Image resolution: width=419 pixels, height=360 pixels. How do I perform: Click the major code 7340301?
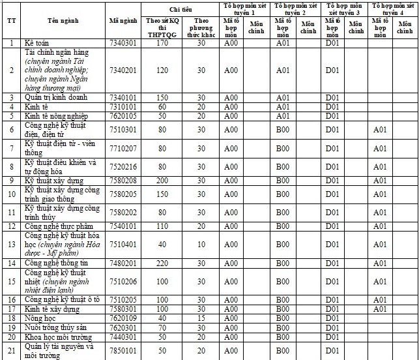click(x=123, y=44)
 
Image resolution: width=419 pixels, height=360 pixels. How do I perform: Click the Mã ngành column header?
click(x=123, y=21)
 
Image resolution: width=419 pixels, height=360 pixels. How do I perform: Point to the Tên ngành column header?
click(x=63, y=21)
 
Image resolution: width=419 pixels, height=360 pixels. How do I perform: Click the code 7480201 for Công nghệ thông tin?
click(x=123, y=263)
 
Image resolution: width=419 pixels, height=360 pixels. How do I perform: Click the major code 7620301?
click(x=123, y=327)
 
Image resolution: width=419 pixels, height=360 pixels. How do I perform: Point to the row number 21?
click(x=11, y=351)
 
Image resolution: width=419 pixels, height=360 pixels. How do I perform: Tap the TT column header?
click(x=11, y=21)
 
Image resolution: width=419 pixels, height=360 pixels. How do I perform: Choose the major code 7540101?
click(x=123, y=226)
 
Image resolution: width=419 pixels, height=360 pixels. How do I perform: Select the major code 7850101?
click(x=123, y=351)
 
